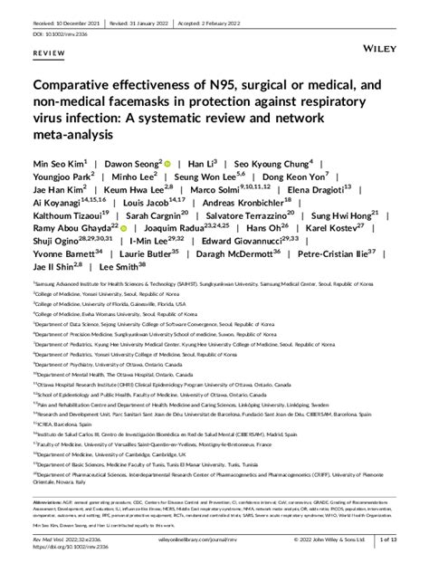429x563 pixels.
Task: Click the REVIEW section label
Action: click(x=48, y=54)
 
